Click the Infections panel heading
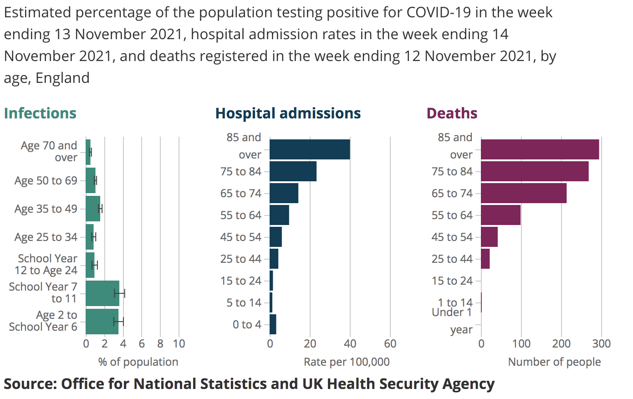pos(40,113)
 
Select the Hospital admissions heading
pos(288,113)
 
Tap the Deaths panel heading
pos(452,113)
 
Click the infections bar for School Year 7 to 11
pos(102,293)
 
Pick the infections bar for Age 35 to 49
pos(93,209)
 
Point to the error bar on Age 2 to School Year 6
pos(118,322)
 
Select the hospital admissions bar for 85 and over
pos(310,149)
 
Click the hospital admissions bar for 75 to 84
pos(293,171)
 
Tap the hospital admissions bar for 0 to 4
pos(273,324)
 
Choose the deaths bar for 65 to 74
pos(524,193)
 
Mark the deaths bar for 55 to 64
pos(500,215)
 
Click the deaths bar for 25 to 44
pos(485,259)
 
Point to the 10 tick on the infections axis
pos(179,344)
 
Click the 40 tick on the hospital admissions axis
pos(350,344)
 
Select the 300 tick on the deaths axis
pos(601,344)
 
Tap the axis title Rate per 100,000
pos(347,362)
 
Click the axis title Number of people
pos(554,362)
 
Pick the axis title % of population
pos(138,362)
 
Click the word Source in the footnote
pos(29,384)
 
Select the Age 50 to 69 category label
pos(46,181)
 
